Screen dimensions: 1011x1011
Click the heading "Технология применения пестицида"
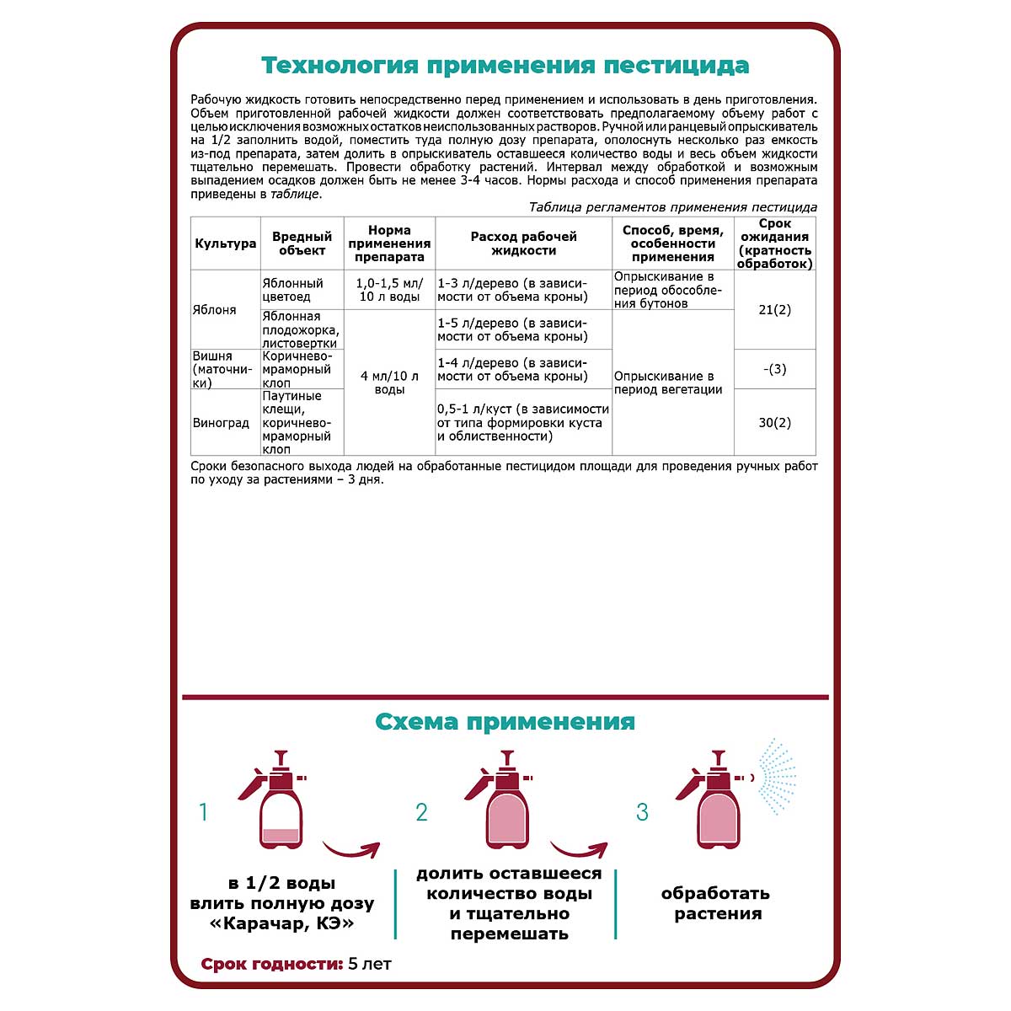505,66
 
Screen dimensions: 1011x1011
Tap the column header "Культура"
225,243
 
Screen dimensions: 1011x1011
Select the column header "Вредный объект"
302,243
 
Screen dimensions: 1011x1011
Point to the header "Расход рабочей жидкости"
523,243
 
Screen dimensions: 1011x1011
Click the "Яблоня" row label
215,310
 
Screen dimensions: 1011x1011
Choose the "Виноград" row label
222,423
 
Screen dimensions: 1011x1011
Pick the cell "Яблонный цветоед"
292,290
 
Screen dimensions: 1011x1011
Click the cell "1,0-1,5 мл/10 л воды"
389,290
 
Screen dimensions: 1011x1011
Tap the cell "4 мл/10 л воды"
389,382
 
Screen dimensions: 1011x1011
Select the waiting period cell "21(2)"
774,310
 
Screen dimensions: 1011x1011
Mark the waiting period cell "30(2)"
774,423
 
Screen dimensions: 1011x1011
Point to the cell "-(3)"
774,369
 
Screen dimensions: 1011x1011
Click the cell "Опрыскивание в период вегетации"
668,382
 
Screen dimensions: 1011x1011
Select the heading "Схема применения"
505,722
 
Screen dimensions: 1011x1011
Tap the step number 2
422,812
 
